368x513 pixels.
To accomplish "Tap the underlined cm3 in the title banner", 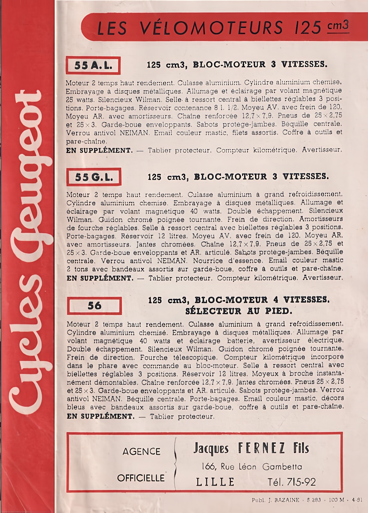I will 338,26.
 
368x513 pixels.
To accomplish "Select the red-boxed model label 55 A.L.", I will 93,65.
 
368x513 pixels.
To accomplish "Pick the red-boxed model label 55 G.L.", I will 94,177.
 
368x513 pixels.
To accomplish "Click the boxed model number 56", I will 94,306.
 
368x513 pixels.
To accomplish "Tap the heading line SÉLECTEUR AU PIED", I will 239,311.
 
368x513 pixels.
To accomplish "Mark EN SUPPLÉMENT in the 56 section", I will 100,416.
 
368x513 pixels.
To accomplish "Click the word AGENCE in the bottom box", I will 141,452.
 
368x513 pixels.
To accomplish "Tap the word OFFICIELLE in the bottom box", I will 141,478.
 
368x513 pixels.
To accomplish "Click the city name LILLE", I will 215,482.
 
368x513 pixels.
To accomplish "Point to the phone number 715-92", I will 302,482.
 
